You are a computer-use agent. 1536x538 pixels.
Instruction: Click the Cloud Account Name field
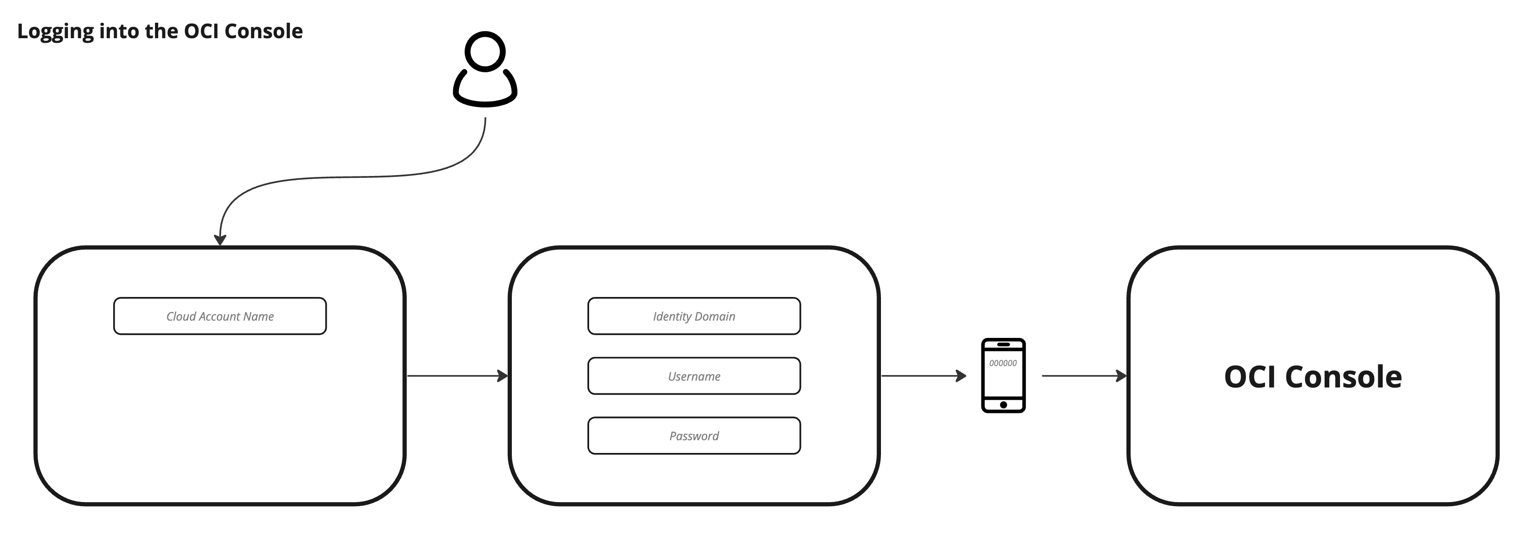(x=220, y=316)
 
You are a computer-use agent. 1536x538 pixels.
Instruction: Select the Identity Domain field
(x=694, y=316)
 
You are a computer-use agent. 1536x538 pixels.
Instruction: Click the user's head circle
(x=485, y=50)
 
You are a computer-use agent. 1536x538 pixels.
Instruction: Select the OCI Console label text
(x=1312, y=377)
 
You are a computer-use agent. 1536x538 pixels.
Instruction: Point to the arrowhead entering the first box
(x=220, y=240)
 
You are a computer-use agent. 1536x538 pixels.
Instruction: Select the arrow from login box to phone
(x=923, y=376)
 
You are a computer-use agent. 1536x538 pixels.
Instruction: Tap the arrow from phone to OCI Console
(x=1083, y=376)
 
